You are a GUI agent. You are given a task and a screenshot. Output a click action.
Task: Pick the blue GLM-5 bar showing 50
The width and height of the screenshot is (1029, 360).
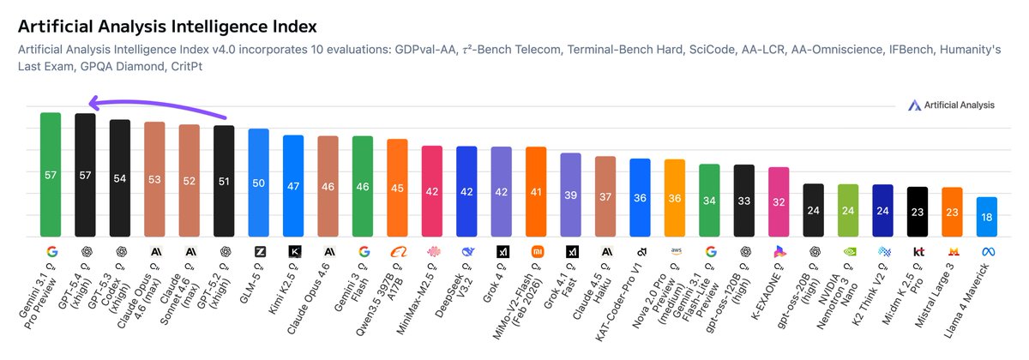(x=258, y=183)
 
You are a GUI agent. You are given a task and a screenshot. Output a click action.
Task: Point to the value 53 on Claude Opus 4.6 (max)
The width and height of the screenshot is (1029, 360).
(x=154, y=179)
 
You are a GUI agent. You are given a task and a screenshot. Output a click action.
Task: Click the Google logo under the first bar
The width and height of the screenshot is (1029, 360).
(x=51, y=252)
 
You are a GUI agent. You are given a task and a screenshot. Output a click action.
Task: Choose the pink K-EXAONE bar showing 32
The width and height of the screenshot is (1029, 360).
(x=779, y=202)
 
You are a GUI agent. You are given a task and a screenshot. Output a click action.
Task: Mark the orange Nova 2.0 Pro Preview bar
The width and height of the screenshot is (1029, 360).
(x=675, y=198)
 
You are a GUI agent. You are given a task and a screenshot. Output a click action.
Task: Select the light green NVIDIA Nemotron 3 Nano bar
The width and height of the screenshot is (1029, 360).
(x=848, y=211)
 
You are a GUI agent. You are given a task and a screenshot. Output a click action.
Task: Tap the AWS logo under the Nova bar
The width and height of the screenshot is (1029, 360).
(x=675, y=252)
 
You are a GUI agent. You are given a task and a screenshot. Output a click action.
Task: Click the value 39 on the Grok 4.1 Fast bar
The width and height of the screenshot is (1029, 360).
(x=570, y=195)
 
